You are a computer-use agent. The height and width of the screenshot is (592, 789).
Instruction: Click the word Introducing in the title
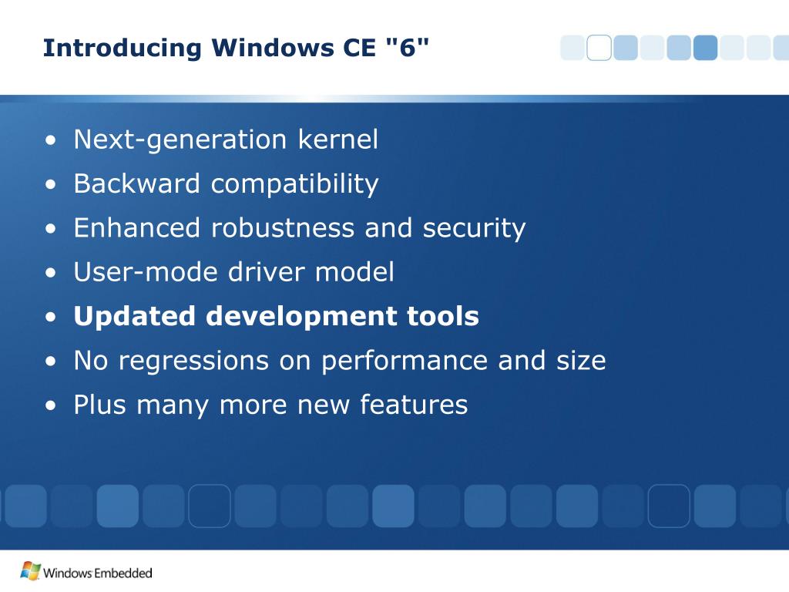click(123, 48)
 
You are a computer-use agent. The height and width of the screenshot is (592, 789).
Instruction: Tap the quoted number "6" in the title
click(405, 48)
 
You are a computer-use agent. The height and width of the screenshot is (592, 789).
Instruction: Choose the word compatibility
click(295, 185)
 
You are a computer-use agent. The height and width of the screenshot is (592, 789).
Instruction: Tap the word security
click(474, 229)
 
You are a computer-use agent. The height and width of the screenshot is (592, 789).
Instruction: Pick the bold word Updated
click(135, 317)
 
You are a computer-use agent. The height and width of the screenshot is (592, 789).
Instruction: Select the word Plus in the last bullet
click(100, 405)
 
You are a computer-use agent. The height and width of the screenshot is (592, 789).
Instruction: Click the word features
click(414, 405)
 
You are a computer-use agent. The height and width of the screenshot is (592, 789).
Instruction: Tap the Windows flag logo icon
click(30, 571)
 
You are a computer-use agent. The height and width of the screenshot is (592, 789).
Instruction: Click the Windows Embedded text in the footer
click(98, 573)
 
